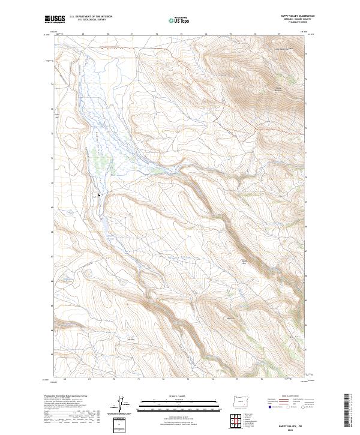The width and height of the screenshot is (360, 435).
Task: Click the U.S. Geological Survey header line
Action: pyautogui.click(x=88, y=20)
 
